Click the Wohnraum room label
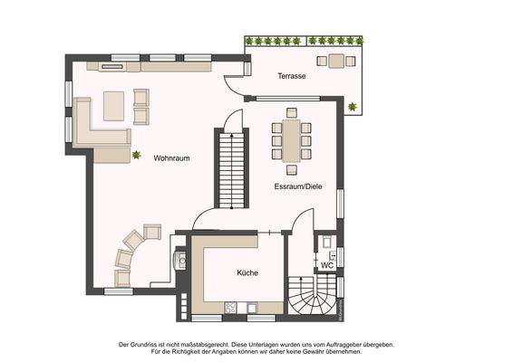point(171,157)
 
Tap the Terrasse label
point(291,77)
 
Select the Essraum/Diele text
point(298,186)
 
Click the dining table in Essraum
point(290,140)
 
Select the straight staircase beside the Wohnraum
point(231,168)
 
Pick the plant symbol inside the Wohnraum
point(137,156)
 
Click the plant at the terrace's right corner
point(352,108)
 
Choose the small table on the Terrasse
point(337,61)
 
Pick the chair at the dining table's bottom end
point(290,169)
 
